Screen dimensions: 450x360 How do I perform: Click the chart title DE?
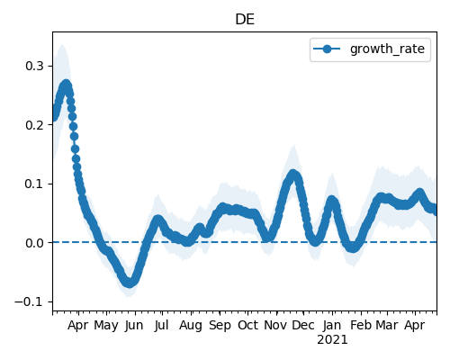click(x=245, y=20)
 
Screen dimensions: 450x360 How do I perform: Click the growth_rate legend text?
click(x=387, y=49)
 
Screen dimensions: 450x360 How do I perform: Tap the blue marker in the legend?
click(x=327, y=49)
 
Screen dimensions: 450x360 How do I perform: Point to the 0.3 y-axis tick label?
click(x=35, y=66)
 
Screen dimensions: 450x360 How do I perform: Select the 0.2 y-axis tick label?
click(x=35, y=125)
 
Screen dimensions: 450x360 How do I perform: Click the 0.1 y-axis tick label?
click(x=35, y=184)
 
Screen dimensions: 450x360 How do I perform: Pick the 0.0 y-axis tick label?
click(x=35, y=243)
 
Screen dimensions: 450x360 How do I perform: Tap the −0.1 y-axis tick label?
click(x=30, y=301)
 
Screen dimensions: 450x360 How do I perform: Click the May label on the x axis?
click(x=106, y=325)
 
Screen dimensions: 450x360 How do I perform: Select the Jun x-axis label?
click(x=134, y=325)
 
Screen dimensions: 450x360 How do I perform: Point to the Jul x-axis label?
click(x=161, y=325)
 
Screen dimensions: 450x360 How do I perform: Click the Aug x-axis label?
click(x=191, y=326)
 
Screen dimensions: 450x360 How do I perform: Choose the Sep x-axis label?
click(x=220, y=326)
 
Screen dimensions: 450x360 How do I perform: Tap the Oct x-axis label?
click(x=247, y=325)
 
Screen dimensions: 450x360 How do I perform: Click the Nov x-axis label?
click(x=276, y=325)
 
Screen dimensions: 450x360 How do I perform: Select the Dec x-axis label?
click(x=303, y=325)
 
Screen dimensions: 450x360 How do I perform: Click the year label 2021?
click(x=332, y=340)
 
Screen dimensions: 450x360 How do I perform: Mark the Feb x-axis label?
click(x=361, y=325)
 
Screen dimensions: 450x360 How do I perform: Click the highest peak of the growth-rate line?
click(x=66, y=84)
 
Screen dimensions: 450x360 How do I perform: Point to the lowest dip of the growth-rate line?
click(x=129, y=283)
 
